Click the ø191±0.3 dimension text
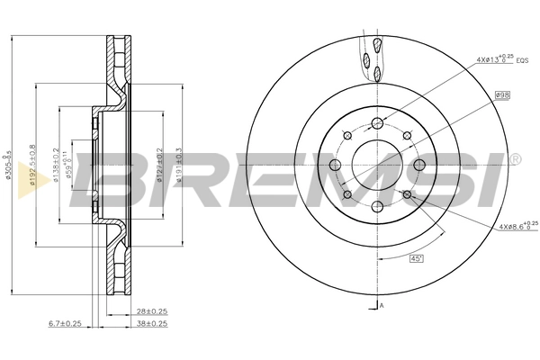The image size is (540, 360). [180, 166]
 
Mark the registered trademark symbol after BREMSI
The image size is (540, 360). [515, 159]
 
